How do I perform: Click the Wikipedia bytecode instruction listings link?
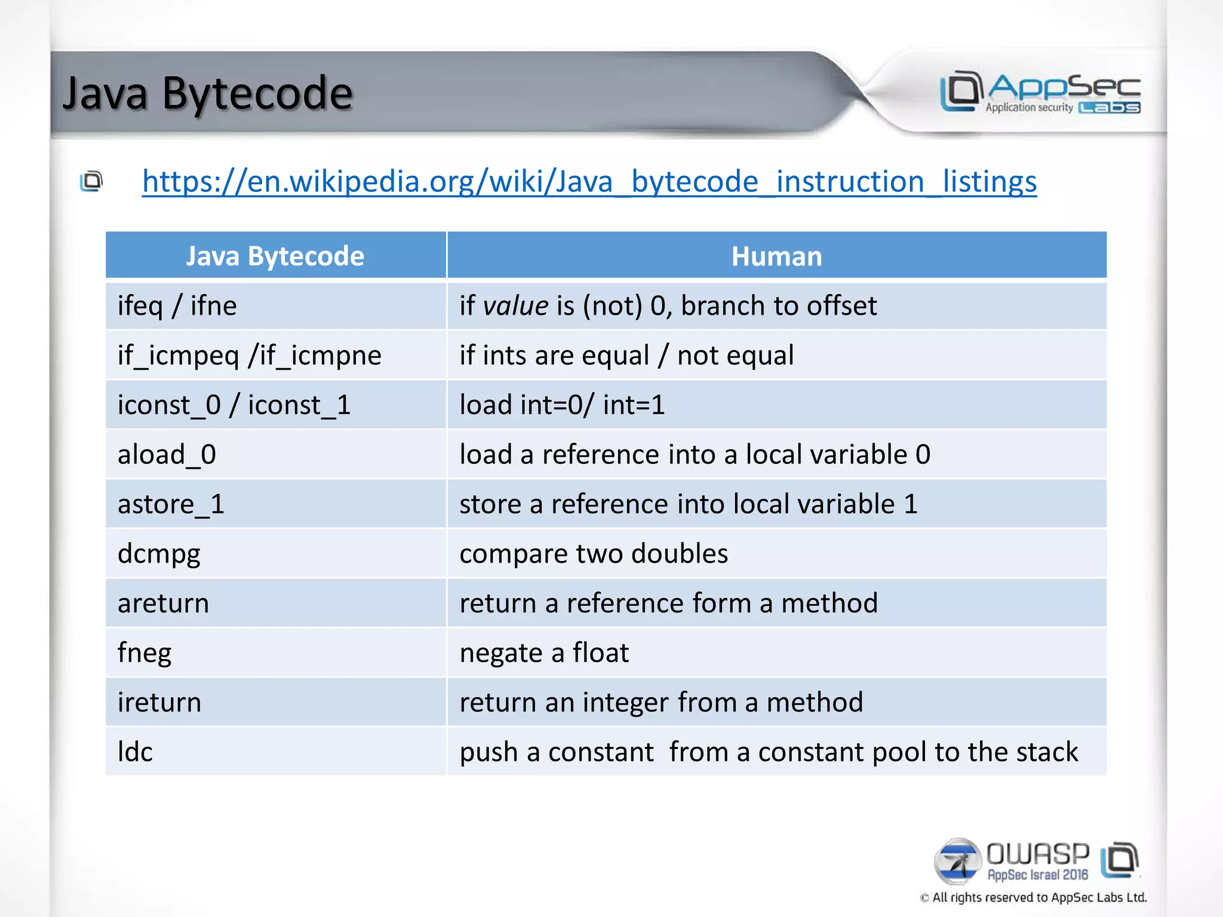tap(589, 181)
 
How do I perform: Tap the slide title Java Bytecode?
tap(207, 94)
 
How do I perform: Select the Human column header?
tap(776, 256)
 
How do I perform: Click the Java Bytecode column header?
tap(275, 256)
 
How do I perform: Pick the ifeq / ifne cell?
tap(177, 306)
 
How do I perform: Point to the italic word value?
tap(515, 306)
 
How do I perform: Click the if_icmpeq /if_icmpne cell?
tap(249, 355)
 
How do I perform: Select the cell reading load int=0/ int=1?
tap(561, 405)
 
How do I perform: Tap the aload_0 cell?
tap(167, 454)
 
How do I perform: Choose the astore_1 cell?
tap(171, 504)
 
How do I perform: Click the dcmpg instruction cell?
tap(159, 554)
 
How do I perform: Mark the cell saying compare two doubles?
tap(594, 553)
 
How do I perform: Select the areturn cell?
tap(163, 603)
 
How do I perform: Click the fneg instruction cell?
tap(144, 653)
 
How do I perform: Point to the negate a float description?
tap(544, 653)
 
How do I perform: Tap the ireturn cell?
tap(159, 702)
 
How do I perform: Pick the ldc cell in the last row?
tap(135, 752)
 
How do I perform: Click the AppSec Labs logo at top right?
tap(1040, 93)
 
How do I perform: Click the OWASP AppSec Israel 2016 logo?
tap(1036, 861)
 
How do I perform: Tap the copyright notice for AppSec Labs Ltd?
tap(1033, 897)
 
